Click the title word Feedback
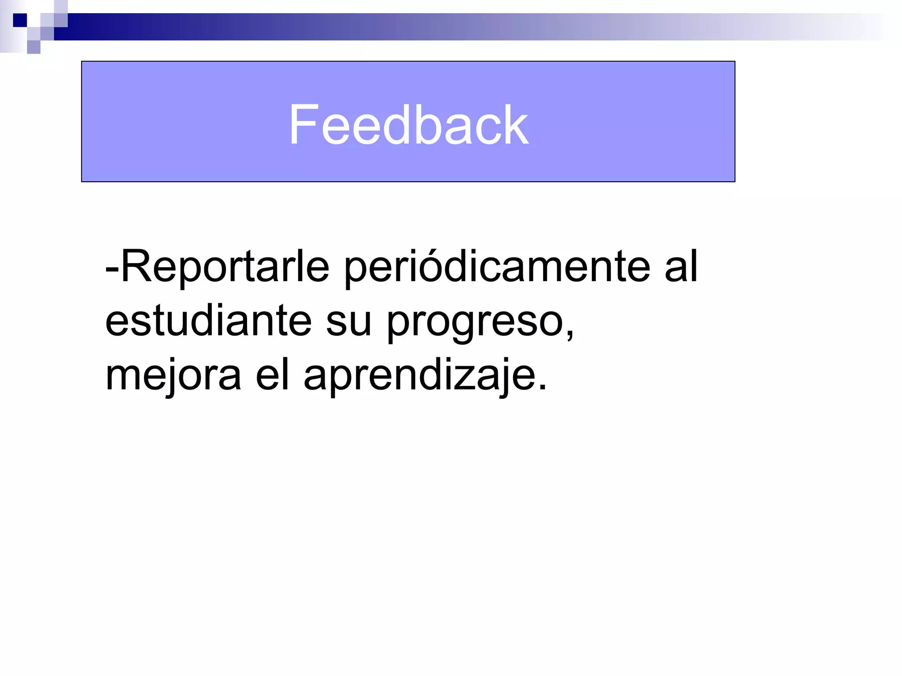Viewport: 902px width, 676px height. pos(408,125)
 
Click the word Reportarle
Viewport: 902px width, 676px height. pos(225,267)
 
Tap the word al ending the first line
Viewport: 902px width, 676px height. pos(681,267)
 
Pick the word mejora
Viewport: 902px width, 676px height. pos(173,376)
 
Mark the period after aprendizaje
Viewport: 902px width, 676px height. pos(543,388)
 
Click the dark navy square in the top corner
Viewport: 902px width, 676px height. pos(20,20)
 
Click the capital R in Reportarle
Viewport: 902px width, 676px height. pos(137,267)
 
